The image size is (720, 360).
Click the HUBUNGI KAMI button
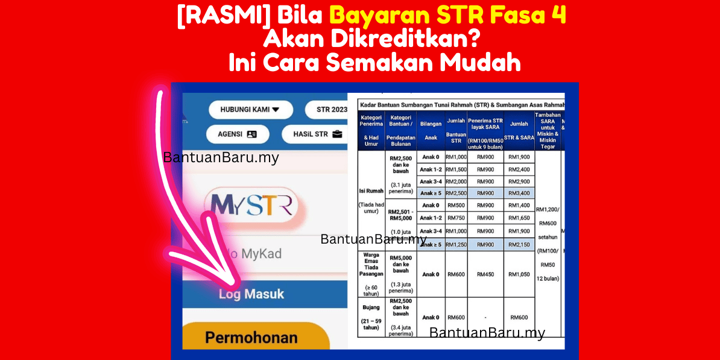coord(250,110)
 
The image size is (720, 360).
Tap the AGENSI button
coord(237,134)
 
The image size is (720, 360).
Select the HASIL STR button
coord(314,134)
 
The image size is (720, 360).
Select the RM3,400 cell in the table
coord(519,193)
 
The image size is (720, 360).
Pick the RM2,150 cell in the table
coord(519,244)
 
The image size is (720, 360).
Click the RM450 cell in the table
coord(485,274)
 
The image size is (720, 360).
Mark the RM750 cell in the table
coord(456,218)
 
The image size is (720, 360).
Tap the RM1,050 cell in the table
coord(519,274)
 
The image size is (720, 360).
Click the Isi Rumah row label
coord(371,191)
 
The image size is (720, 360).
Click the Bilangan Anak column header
coord(431,130)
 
